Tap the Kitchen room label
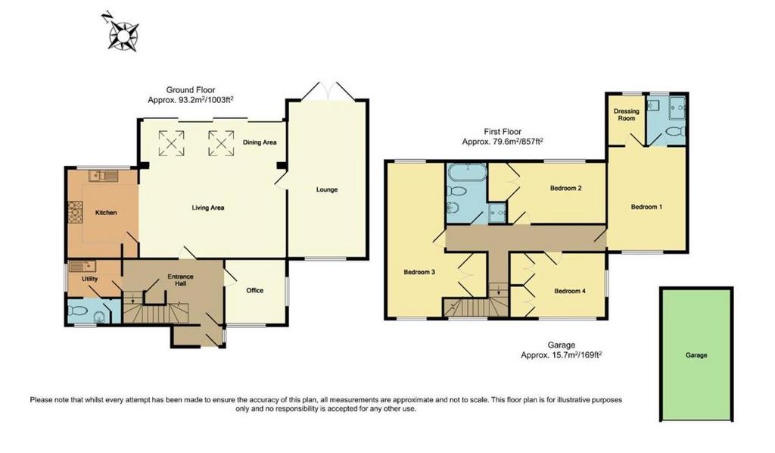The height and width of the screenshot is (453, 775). (106, 213)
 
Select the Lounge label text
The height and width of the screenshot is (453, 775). (327, 189)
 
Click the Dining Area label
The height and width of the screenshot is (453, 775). (260, 142)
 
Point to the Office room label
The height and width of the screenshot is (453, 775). (255, 290)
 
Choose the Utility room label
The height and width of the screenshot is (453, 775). (90, 279)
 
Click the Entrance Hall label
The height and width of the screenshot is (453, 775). (180, 280)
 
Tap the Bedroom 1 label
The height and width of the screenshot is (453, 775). (646, 208)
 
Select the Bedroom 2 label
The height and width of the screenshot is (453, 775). (566, 189)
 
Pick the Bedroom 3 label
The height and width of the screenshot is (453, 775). (419, 272)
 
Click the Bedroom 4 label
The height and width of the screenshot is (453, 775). (570, 292)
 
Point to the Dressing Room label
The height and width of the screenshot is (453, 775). (627, 114)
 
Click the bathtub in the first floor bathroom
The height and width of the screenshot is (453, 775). (468, 173)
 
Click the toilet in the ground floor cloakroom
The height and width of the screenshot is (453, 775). (79, 311)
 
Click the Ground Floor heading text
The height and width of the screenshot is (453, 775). (191, 90)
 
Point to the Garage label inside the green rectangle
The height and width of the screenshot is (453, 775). (696, 355)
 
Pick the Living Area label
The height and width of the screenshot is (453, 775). (208, 208)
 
